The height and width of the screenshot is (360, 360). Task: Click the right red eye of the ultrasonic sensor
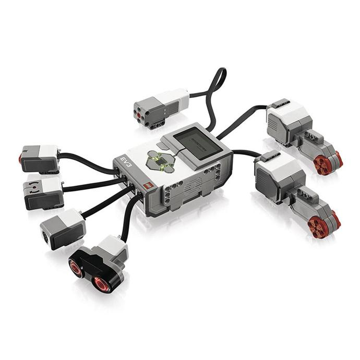(x=100, y=284)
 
